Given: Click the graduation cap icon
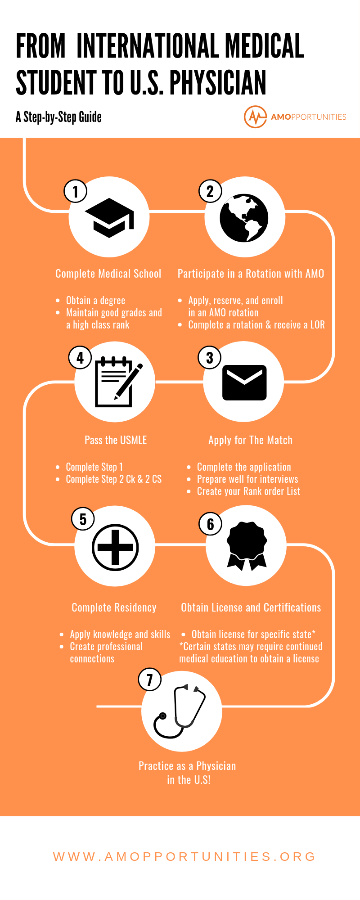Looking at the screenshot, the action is [110, 218].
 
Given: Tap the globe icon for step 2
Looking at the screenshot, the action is [244, 218].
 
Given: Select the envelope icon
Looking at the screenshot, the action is [245, 382].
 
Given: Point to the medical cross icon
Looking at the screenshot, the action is [115, 547].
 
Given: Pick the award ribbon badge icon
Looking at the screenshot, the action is [247, 546].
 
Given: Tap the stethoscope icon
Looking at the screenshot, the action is [180, 711].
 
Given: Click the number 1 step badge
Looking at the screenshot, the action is [76, 191].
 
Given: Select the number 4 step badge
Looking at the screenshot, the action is [80, 358].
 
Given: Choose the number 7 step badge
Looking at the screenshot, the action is [150, 679].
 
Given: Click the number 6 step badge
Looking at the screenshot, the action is [211, 524].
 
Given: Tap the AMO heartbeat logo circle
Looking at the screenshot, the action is [255, 117].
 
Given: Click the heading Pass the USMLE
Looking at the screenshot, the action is [116, 440].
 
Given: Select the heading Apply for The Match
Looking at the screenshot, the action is [250, 440].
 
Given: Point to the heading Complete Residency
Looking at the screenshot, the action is [114, 607].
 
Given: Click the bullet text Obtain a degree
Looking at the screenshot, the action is [95, 300].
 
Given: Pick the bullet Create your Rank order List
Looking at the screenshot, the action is [248, 491].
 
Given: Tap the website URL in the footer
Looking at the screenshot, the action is [184, 856].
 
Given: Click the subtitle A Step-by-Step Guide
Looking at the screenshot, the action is [58, 117].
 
